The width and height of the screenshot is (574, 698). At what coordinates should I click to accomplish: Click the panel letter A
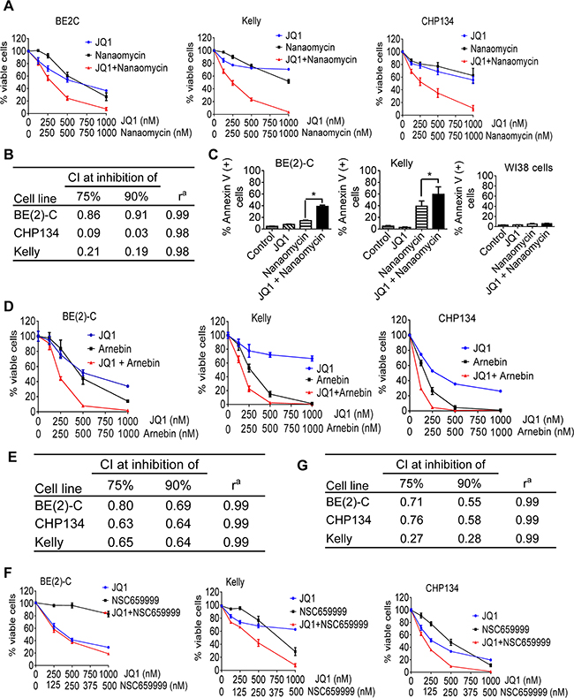click(x=10, y=8)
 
